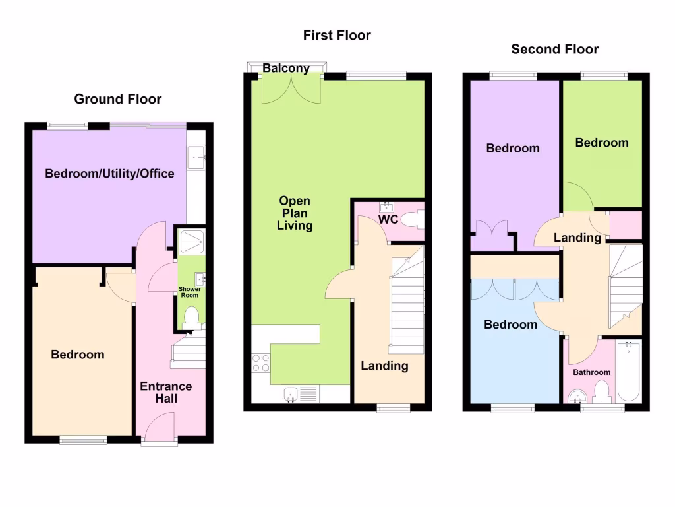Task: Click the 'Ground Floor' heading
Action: click(x=117, y=99)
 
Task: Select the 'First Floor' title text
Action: click(x=337, y=35)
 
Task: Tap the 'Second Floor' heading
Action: click(x=555, y=49)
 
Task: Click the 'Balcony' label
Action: click(x=286, y=68)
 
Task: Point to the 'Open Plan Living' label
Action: click(x=295, y=213)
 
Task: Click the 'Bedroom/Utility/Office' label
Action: click(x=109, y=174)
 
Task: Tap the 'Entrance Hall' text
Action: click(x=165, y=392)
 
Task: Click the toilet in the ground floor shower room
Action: click(x=192, y=318)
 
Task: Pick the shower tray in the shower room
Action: click(x=192, y=241)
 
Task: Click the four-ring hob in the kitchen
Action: click(x=260, y=364)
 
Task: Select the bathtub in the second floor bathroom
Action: click(x=628, y=371)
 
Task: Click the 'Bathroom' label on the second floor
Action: click(x=591, y=372)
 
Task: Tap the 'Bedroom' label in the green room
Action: click(x=601, y=143)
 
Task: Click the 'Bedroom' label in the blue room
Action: click(x=510, y=325)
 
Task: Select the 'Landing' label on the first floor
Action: click(x=384, y=366)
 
